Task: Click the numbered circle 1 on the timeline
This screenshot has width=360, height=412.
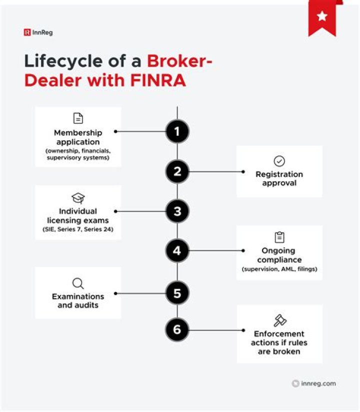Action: [177, 131]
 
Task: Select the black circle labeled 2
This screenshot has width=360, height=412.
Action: [177, 172]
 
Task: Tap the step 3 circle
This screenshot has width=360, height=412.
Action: [177, 211]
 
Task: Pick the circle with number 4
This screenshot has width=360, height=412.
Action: [177, 251]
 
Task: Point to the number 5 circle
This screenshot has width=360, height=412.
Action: [177, 293]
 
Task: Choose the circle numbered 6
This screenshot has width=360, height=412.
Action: [177, 330]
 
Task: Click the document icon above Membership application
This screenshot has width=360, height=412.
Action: [78, 118]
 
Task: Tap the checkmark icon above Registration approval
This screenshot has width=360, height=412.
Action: [279, 161]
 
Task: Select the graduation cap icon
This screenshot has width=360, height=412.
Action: [78, 198]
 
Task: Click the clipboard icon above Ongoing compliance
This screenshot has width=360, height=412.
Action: [279, 237]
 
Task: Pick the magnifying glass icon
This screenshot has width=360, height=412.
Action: [78, 284]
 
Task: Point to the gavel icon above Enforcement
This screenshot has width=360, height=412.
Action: [279, 320]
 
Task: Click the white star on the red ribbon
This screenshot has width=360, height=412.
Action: [322, 16]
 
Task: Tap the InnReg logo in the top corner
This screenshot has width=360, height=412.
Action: [38, 32]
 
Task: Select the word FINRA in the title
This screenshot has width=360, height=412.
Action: [158, 80]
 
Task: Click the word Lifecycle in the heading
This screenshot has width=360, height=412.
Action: [63, 61]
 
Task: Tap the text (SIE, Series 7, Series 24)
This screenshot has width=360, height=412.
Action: [78, 229]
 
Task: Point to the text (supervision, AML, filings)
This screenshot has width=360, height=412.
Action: [279, 269]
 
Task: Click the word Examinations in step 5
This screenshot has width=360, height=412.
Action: [78, 296]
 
